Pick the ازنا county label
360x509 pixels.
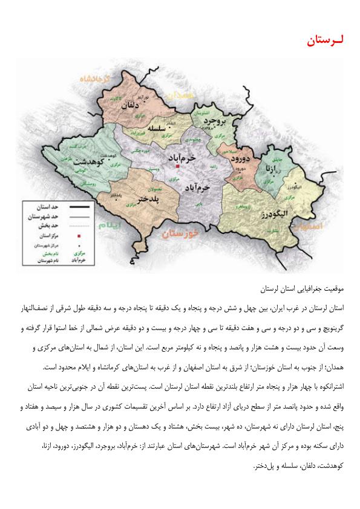point(269,167)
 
